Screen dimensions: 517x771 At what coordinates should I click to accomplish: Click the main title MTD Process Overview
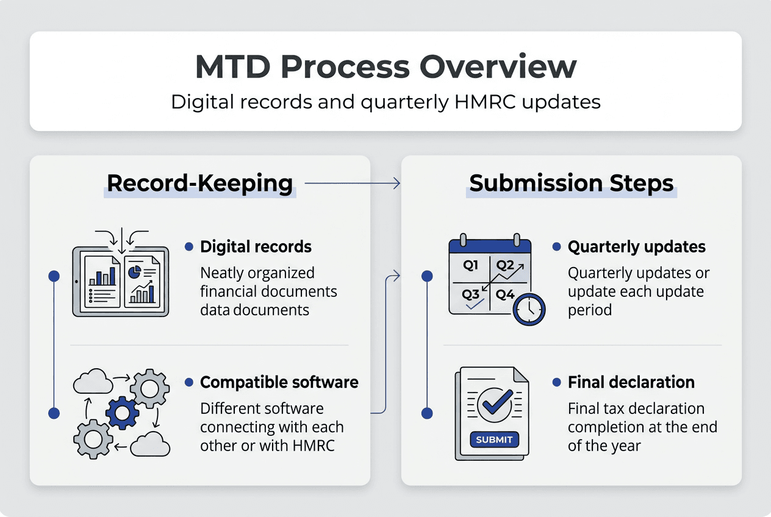tap(385, 66)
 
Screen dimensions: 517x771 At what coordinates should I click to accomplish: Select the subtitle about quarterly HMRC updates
tap(385, 101)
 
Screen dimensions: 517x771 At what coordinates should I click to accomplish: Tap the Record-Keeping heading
tap(199, 184)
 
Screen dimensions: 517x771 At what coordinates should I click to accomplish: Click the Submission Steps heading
tap(571, 184)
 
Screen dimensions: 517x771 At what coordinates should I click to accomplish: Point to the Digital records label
tap(256, 247)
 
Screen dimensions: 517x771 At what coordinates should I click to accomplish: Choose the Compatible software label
tap(279, 382)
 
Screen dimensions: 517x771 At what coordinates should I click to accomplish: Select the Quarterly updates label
tap(636, 247)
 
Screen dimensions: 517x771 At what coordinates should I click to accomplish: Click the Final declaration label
tap(631, 382)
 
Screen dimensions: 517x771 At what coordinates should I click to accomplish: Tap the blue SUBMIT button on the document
tap(494, 440)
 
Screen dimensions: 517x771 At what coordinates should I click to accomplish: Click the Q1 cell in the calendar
tap(471, 266)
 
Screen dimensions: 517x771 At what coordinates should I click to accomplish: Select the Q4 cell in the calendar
tap(504, 295)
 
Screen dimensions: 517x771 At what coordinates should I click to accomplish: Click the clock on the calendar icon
tap(529, 309)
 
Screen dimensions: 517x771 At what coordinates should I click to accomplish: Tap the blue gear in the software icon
tap(122, 413)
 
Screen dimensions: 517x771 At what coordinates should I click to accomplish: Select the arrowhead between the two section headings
tap(396, 183)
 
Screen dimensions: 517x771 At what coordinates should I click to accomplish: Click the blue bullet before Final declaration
tap(556, 382)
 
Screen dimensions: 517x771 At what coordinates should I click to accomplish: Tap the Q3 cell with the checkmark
tap(471, 296)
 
